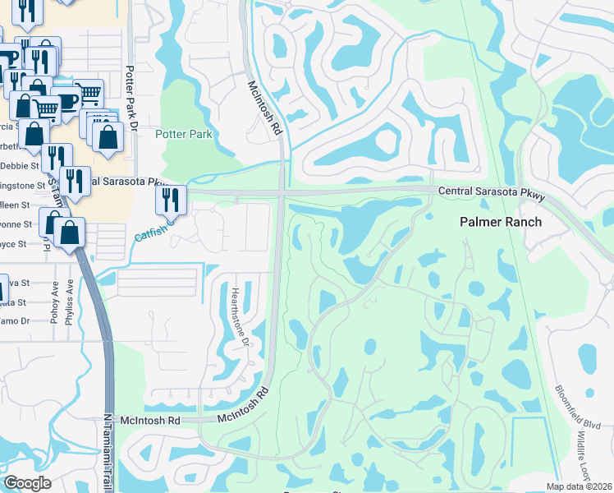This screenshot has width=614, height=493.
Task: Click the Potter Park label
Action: click(x=184, y=134)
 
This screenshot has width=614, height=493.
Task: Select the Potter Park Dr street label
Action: click(x=130, y=95)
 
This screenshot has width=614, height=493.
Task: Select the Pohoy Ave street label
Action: click(x=54, y=301)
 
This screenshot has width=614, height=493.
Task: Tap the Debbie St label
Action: click(x=18, y=155)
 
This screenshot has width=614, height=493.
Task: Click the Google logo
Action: click(x=27, y=483)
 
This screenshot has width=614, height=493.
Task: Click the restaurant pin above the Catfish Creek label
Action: click(x=171, y=199)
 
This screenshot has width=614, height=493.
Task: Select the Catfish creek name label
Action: click(x=153, y=230)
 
